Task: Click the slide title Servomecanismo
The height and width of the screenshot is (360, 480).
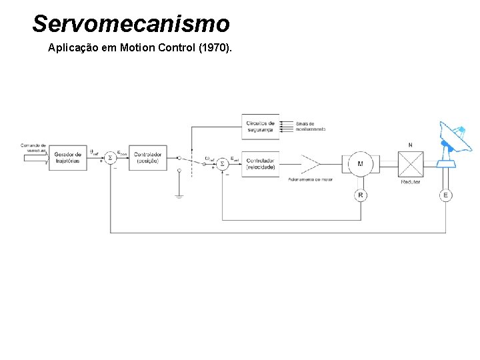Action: tap(131, 24)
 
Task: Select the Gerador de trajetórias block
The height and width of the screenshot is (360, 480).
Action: tap(68, 157)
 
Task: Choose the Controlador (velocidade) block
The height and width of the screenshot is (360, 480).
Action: tap(261, 163)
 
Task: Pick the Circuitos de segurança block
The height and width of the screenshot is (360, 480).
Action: tap(261, 126)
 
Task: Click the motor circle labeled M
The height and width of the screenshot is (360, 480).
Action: tap(361, 164)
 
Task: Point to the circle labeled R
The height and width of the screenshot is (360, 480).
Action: tap(361, 195)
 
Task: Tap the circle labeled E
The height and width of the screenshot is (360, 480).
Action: tap(445, 195)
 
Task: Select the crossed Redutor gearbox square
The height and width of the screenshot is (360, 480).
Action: tap(411, 163)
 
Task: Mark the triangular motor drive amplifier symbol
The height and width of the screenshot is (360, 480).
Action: tap(310, 164)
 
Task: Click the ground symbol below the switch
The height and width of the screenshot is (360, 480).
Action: tap(179, 196)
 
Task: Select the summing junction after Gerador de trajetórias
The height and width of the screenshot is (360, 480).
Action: tap(111, 158)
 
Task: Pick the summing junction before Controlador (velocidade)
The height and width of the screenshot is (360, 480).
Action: tap(223, 163)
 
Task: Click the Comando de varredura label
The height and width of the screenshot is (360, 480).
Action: tap(33, 147)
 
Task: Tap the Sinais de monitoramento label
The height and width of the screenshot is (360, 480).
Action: tap(311, 127)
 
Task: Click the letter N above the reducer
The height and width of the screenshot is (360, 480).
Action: tap(410, 145)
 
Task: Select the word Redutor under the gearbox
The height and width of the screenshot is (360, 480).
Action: tap(411, 181)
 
